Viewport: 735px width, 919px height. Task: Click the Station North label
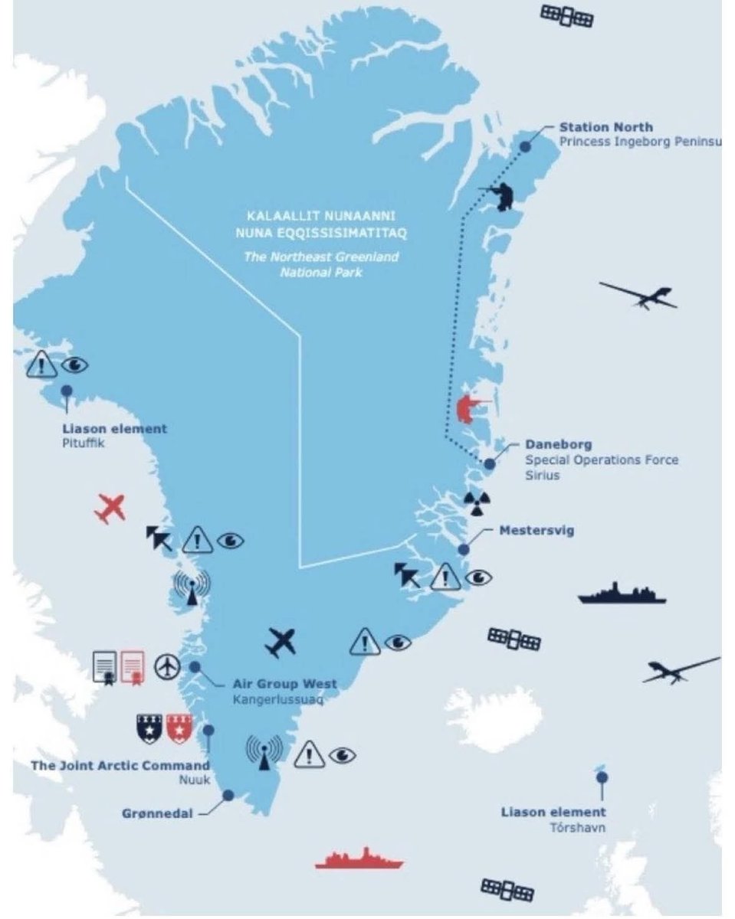tap(605, 127)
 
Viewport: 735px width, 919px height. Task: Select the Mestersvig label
tap(536, 530)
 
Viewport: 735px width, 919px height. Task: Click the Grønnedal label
tap(157, 813)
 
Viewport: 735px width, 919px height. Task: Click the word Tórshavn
tap(577, 827)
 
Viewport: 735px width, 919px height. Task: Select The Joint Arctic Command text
tap(120, 765)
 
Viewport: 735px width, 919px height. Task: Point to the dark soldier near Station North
tap(503, 195)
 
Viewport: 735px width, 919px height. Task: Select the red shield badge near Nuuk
tap(179, 728)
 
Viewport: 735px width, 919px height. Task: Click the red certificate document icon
tap(133, 667)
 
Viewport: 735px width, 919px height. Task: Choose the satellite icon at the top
tap(567, 15)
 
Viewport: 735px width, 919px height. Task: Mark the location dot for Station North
tap(525, 146)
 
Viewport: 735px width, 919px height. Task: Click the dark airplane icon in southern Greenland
tap(281, 642)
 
